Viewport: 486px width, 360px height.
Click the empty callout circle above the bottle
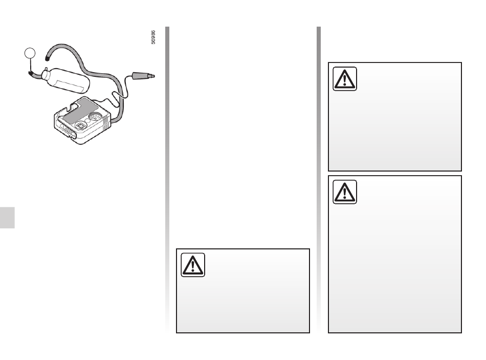pyautogui.click(x=30, y=53)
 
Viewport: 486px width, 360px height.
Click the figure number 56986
pyautogui.click(x=153, y=37)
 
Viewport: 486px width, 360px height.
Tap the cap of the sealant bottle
pyautogui.click(x=45, y=74)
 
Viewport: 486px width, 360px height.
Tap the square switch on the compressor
pyautogui.click(x=80, y=125)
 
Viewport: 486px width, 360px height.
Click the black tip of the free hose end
pyautogui.click(x=47, y=57)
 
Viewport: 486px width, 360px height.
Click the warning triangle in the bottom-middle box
pyautogui.click(x=193, y=265)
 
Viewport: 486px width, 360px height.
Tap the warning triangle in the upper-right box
pyautogui.click(x=345, y=79)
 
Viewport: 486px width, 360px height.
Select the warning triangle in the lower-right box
pyautogui.click(x=345, y=192)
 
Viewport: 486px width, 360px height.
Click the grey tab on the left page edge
pyautogui.click(x=7, y=218)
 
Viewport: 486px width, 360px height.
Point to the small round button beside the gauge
pyautogui.click(x=87, y=121)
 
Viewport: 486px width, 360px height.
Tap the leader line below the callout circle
pyautogui.click(x=30, y=65)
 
